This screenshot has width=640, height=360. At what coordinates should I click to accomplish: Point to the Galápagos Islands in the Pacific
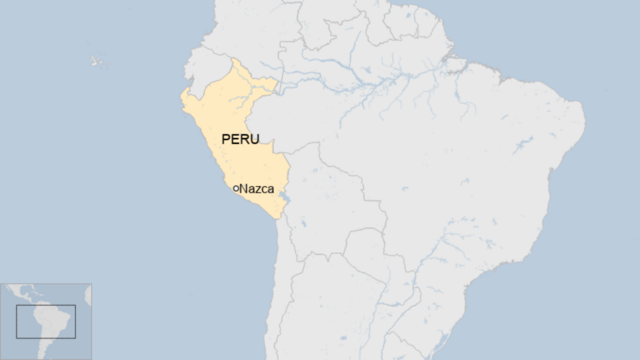[96, 62]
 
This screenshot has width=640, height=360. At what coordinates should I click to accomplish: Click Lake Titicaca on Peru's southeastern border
[285, 201]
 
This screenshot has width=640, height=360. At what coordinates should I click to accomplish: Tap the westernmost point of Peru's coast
[180, 98]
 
